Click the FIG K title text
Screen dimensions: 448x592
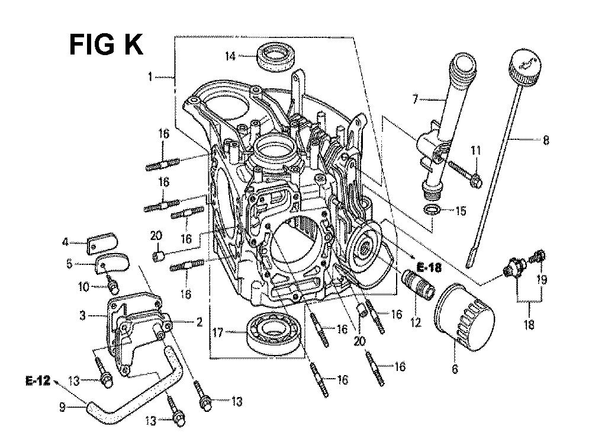[107, 44]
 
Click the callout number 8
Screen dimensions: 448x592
[545, 140]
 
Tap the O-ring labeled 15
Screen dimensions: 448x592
[432, 210]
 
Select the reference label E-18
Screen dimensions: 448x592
[428, 268]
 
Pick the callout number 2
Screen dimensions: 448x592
[200, 322]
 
